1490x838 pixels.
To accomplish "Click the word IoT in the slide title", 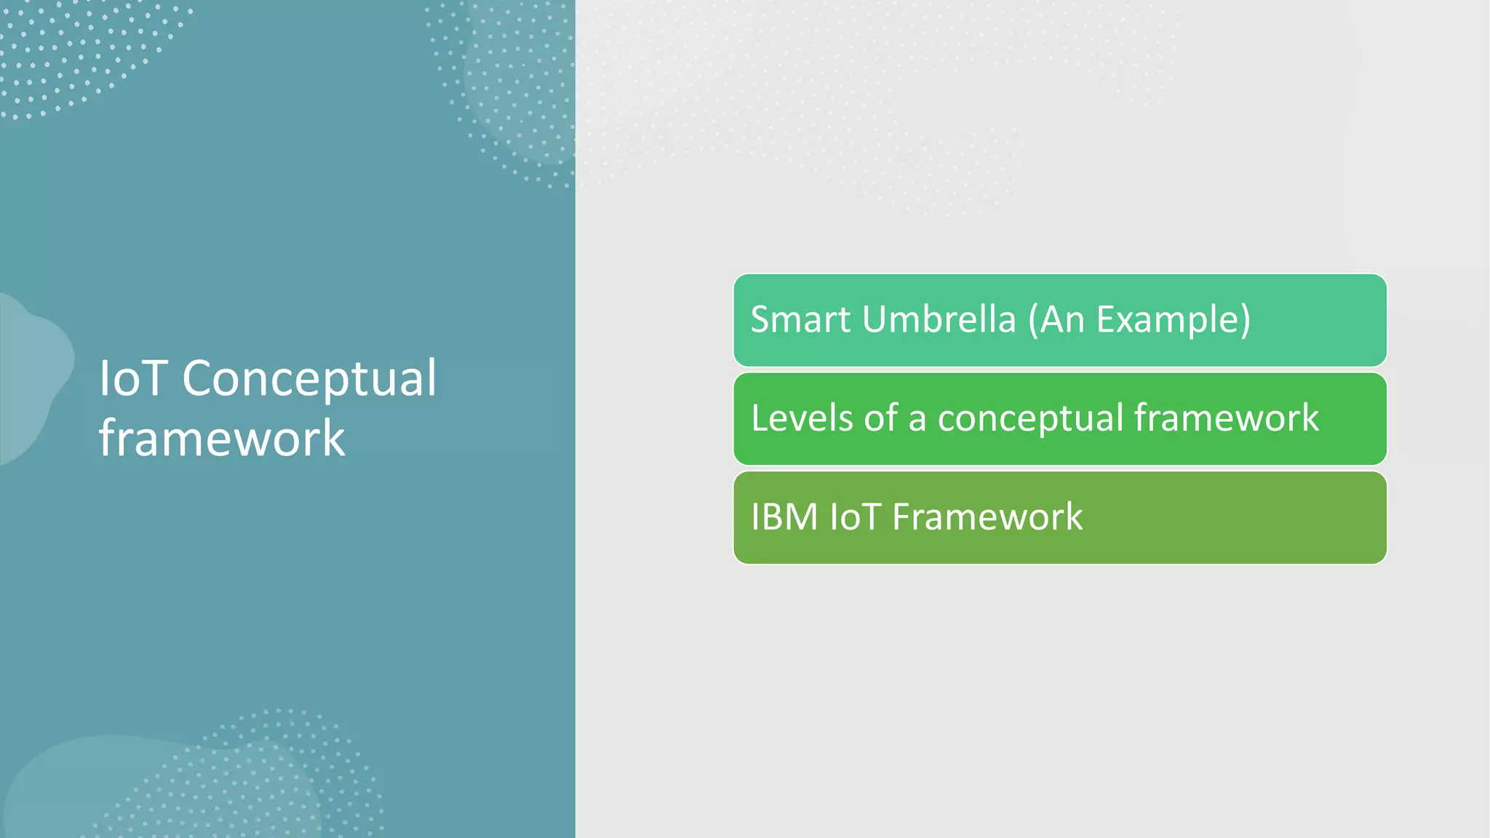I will pyautogui.click(x=133, y=378).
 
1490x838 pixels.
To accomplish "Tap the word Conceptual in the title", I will pyautogui.click(x=309, y=378).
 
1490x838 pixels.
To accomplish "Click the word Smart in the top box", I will pyautogui.click(x=800, y=319).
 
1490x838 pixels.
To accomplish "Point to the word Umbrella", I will pyautogui.click(x=939, y=319).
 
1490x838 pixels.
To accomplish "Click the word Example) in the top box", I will pyautogui.click(x=1173, y=319).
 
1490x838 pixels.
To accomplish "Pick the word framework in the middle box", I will pyautogui.click(x=1226, y=418).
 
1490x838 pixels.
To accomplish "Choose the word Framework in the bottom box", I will pyautogui.click(x=987, y=517).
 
